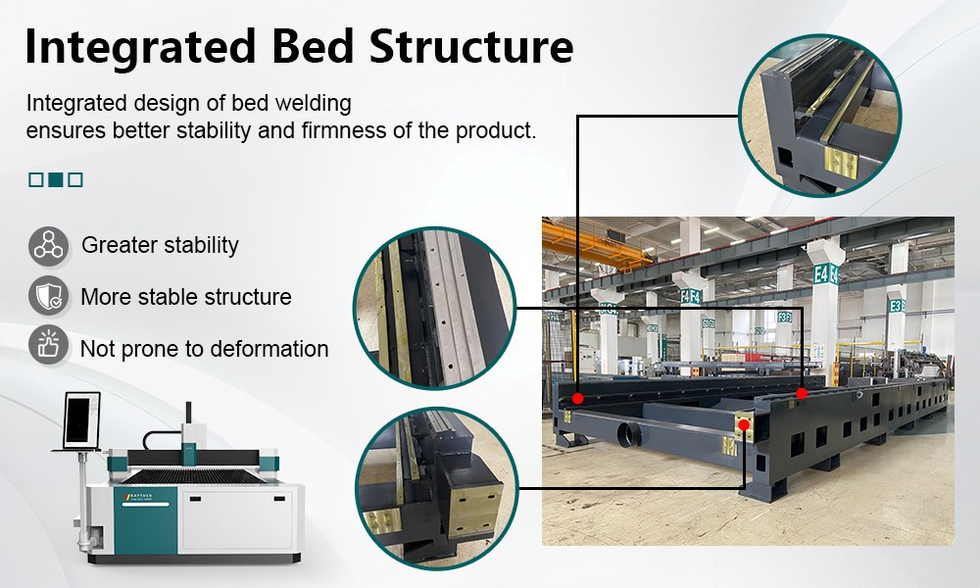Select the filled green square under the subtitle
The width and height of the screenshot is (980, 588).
(56, 179)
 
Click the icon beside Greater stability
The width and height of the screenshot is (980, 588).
(48, 245)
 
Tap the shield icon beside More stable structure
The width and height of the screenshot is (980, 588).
(48, 296)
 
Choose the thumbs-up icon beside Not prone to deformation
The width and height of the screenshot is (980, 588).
(48, 347)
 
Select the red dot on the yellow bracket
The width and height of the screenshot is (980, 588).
(744, 424)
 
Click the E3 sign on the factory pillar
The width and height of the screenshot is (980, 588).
(895, 306)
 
